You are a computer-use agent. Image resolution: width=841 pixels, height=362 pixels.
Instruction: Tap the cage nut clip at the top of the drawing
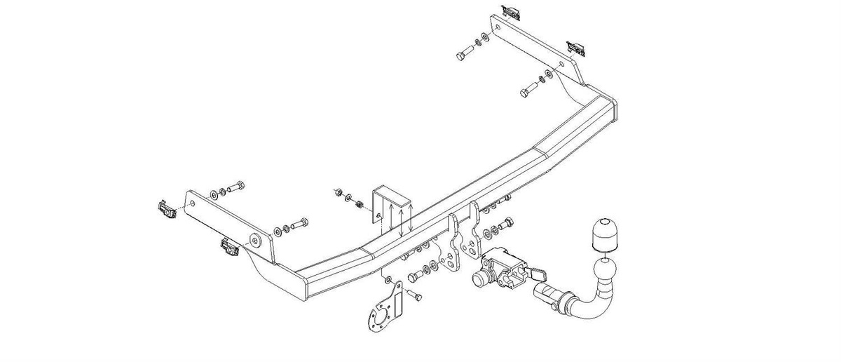(x=511, y=11)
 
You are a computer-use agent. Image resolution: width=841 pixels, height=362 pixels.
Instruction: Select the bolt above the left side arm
(x=236, y=187)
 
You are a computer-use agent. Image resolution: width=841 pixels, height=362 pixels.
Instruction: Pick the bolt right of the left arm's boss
(x=298, y=224)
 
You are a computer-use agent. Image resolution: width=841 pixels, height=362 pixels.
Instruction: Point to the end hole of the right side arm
(x=498, y=29)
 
